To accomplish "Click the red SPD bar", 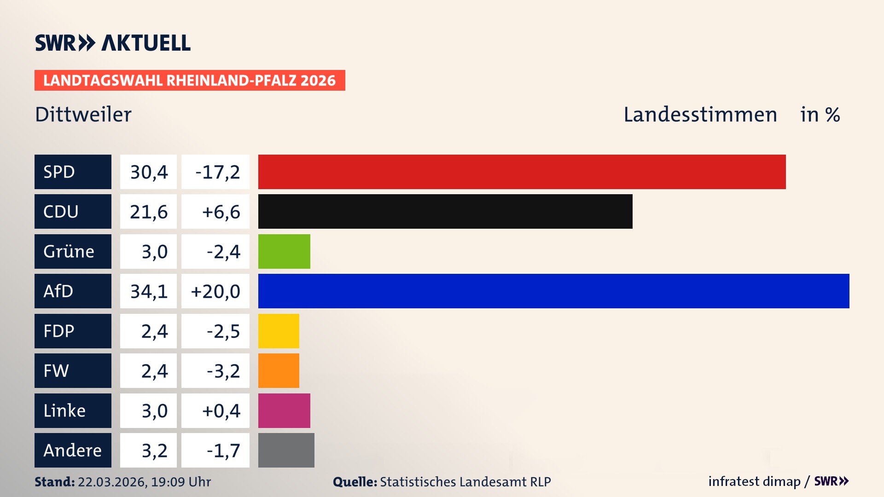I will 522,172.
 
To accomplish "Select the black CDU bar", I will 445,211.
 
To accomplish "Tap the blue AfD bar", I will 553,291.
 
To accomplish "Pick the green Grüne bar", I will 284,251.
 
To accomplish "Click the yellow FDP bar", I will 279,331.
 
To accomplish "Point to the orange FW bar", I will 279,370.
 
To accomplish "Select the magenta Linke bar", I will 284,410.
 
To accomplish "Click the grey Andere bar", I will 286,450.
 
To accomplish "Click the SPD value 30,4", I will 148,172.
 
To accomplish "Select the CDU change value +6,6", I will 221,212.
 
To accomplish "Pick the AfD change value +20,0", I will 215,291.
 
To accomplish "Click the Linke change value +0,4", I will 221,410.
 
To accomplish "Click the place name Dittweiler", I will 83,115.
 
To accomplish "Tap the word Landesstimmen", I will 700,115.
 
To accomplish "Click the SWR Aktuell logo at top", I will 113,43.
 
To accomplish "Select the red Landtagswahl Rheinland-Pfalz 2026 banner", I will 190,81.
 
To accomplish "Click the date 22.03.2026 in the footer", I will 112,482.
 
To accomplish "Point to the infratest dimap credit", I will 754,481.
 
